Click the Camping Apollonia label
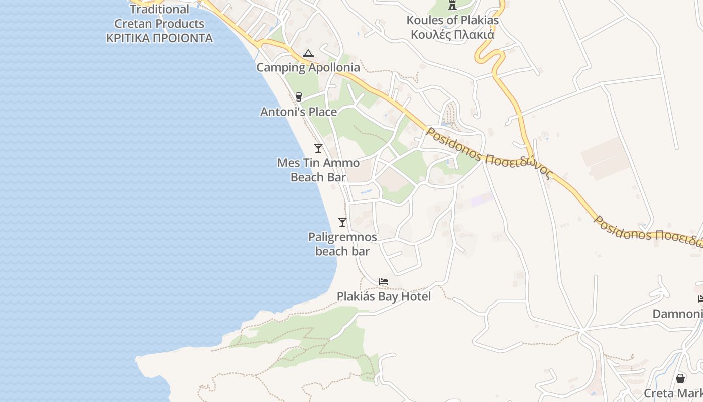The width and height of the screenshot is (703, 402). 308,67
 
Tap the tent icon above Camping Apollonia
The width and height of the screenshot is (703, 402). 308,53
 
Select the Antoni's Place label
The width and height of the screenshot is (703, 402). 298,112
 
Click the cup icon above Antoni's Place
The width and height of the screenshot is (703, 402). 299,96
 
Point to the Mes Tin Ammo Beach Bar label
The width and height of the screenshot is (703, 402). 318,170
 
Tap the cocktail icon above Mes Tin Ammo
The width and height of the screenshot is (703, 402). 318,148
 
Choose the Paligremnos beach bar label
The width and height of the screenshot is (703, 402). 342,244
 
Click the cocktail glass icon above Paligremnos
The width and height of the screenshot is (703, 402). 342,222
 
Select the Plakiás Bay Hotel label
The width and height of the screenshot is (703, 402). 384,296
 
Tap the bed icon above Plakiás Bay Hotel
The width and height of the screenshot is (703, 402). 384,282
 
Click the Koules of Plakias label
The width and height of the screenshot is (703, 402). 452,20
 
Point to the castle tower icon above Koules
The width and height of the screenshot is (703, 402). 452,6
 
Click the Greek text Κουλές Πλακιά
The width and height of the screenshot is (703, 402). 452,35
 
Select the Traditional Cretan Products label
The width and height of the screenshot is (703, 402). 159,16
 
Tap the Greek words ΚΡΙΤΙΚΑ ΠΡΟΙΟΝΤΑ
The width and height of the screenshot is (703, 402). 159,38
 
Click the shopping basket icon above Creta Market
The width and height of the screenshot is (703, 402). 680,378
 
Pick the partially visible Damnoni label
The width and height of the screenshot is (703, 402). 677,314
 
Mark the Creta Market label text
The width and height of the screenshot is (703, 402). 673,393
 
